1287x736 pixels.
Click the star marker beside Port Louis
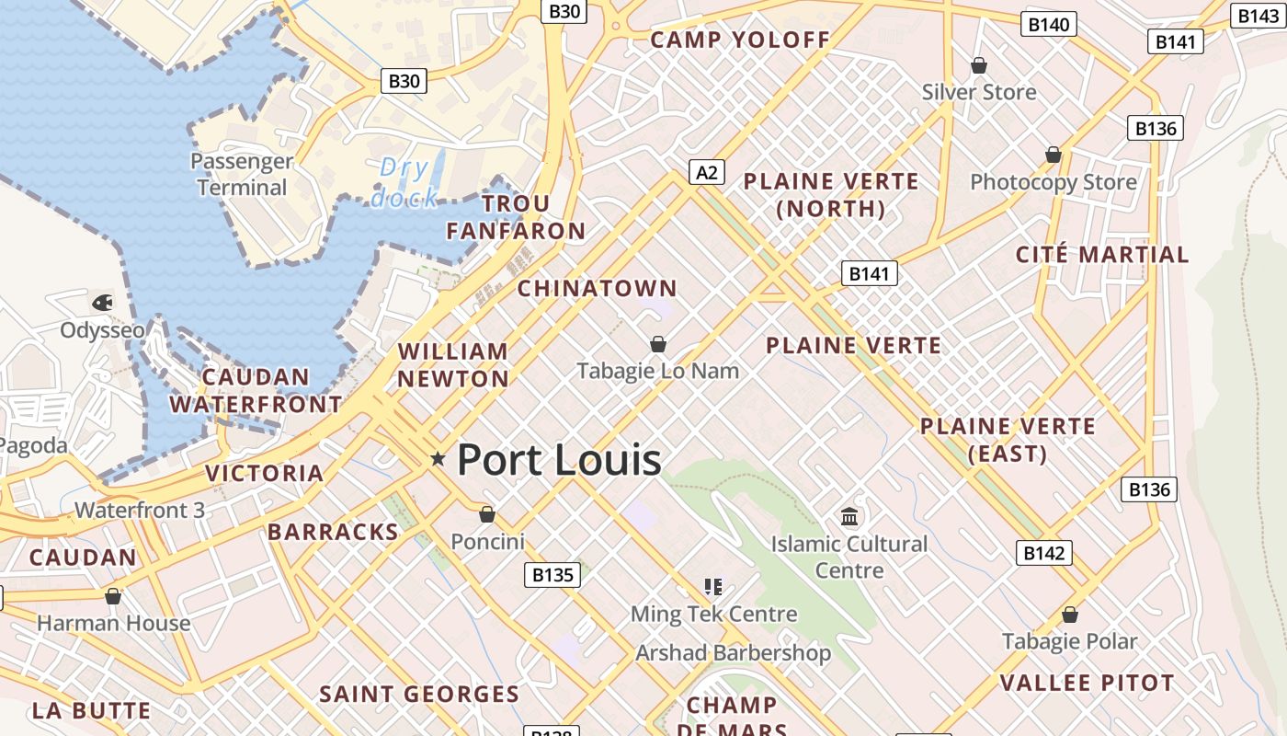tap(438, 458)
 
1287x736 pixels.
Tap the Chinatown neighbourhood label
tap(597, 288)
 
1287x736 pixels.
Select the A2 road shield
tap(707, 172)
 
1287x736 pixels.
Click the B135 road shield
tap(553, 575)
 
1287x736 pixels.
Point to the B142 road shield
tap(1044, 553)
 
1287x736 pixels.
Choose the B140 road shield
tap(1049, 24)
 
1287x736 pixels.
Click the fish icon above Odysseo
tap(102, 302)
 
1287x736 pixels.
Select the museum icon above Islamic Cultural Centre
tap(849, 515)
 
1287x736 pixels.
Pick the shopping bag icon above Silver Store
tap(979, 65)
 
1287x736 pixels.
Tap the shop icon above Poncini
tap(487, 514)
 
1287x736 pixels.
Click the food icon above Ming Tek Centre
tap(712, 586)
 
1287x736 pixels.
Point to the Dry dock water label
tap(404, 182)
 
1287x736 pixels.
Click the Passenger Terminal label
tap(242, 174)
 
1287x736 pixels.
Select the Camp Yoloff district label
tap(740, 40)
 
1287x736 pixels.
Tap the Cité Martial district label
tap(1102, 254)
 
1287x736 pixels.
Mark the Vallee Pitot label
tap(1087, 683)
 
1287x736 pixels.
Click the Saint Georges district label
tap(419, 694)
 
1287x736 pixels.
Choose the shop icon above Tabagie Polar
tap(1069, 614)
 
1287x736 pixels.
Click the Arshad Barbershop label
tap(733, 653)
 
